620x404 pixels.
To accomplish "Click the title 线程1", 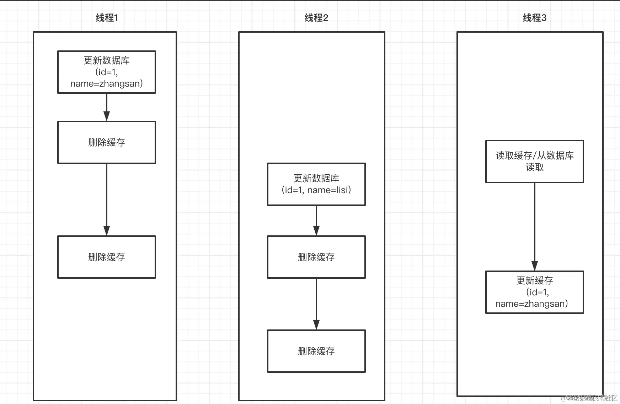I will (107, 18).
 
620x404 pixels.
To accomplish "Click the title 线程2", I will (316, 18).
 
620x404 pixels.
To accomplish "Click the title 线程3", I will (534, 18).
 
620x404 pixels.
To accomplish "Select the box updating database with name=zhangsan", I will (107, 72).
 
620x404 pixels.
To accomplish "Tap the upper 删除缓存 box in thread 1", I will (107, 142).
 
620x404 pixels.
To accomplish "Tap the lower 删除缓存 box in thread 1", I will (107, 257).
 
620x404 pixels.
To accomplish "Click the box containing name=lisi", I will (316, 184).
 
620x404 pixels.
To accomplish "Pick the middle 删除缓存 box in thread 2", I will (316, 257).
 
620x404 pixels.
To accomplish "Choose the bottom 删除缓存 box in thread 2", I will (316, 351).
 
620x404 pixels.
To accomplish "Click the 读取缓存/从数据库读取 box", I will (534, 162).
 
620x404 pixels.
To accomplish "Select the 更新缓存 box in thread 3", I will (534, 292).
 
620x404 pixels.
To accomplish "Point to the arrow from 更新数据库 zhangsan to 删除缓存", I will (107, 107).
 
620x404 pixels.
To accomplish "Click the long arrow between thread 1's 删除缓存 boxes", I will (107, 199).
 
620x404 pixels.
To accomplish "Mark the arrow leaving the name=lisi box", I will (316, 220).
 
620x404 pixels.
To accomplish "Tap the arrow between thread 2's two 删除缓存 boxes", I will (316, 304).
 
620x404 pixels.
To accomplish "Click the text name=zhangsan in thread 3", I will (531, 304).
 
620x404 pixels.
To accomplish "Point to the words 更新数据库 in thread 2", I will (316, 178).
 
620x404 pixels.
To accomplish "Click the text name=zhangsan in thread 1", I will (106, 84).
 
